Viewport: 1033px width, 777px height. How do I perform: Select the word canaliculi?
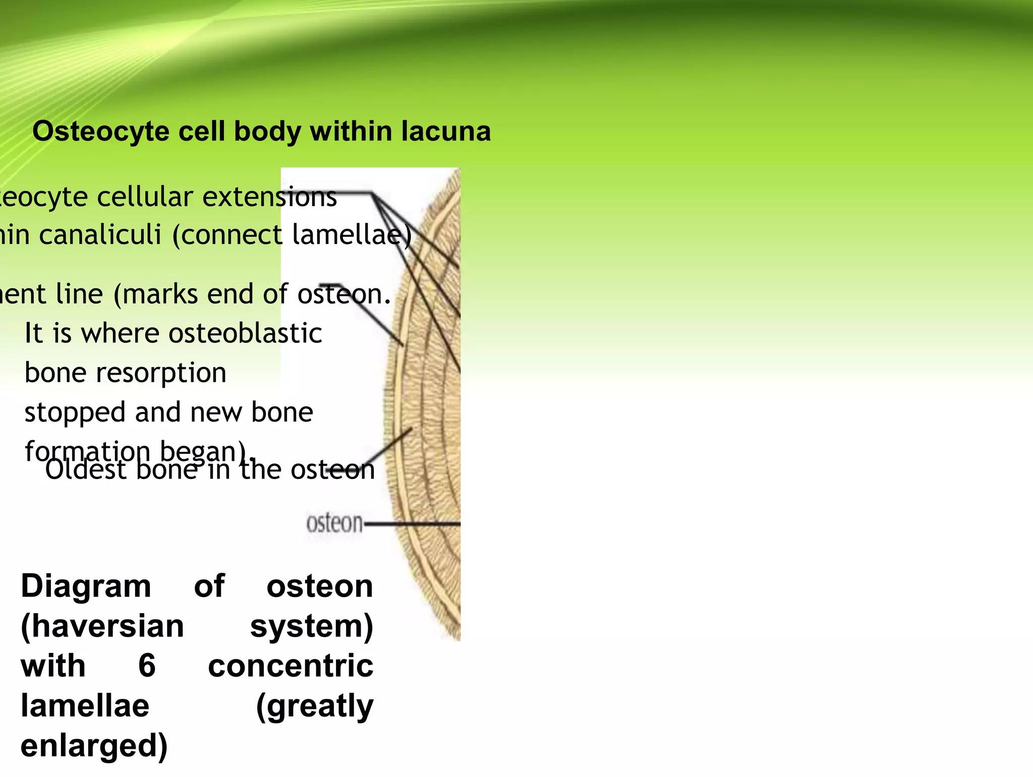point(100,235)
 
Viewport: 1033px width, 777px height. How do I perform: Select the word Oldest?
point(86,470)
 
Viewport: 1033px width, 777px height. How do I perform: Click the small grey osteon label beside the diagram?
point(334,523)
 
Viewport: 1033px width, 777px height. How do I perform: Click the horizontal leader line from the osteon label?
point(411,524)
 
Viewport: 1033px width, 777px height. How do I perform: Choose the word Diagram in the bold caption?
point(86,586)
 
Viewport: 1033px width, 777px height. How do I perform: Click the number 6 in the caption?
point(147,666)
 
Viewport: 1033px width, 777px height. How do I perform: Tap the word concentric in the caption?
point(291,666)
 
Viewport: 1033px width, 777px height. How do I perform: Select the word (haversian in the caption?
point(102,626)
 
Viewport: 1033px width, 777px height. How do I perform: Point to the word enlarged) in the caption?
point(94,746)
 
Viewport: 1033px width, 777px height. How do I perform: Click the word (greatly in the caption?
point(315,706)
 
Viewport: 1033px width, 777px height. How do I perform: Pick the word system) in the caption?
point(312,626)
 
